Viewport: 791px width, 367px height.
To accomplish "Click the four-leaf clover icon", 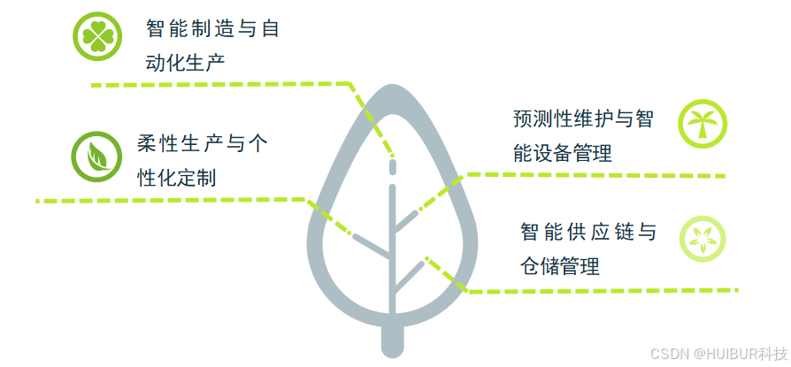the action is [96, 36].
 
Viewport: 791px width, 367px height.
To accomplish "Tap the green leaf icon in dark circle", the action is [96, 156].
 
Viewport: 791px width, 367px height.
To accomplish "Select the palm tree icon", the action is [703, 124].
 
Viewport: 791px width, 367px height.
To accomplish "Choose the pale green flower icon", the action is [703, 239].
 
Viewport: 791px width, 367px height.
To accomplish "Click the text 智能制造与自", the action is [212, 29].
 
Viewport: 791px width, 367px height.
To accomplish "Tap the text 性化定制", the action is [177, 177].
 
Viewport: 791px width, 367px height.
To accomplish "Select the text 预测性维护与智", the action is [583, 119].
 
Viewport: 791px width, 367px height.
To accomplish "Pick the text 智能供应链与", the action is [588, 233].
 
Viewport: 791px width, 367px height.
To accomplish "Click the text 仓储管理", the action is [560, 265].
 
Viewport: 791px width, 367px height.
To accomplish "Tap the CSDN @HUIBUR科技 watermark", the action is [718, 353].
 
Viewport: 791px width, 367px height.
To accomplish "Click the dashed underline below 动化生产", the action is [221, 85].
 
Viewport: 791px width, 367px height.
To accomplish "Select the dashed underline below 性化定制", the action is [168, 201].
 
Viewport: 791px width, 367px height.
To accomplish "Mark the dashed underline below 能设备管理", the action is [602, 175].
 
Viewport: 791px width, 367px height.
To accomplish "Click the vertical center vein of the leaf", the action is [392, 256].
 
